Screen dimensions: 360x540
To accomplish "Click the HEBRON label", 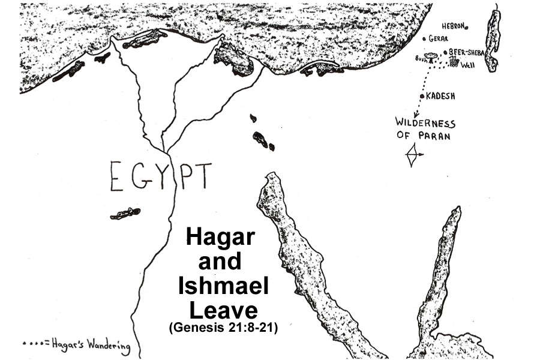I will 454,26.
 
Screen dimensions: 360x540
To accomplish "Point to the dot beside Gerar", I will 424,39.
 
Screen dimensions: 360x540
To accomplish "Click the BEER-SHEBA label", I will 466,52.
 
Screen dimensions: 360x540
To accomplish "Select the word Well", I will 467,64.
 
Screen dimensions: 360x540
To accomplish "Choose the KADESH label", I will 440,96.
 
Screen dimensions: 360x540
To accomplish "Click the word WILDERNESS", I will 425,123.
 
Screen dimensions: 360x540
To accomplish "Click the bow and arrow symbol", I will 413,155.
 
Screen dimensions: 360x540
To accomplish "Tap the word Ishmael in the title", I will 223,286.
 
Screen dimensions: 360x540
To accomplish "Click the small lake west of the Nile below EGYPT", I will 125,213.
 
